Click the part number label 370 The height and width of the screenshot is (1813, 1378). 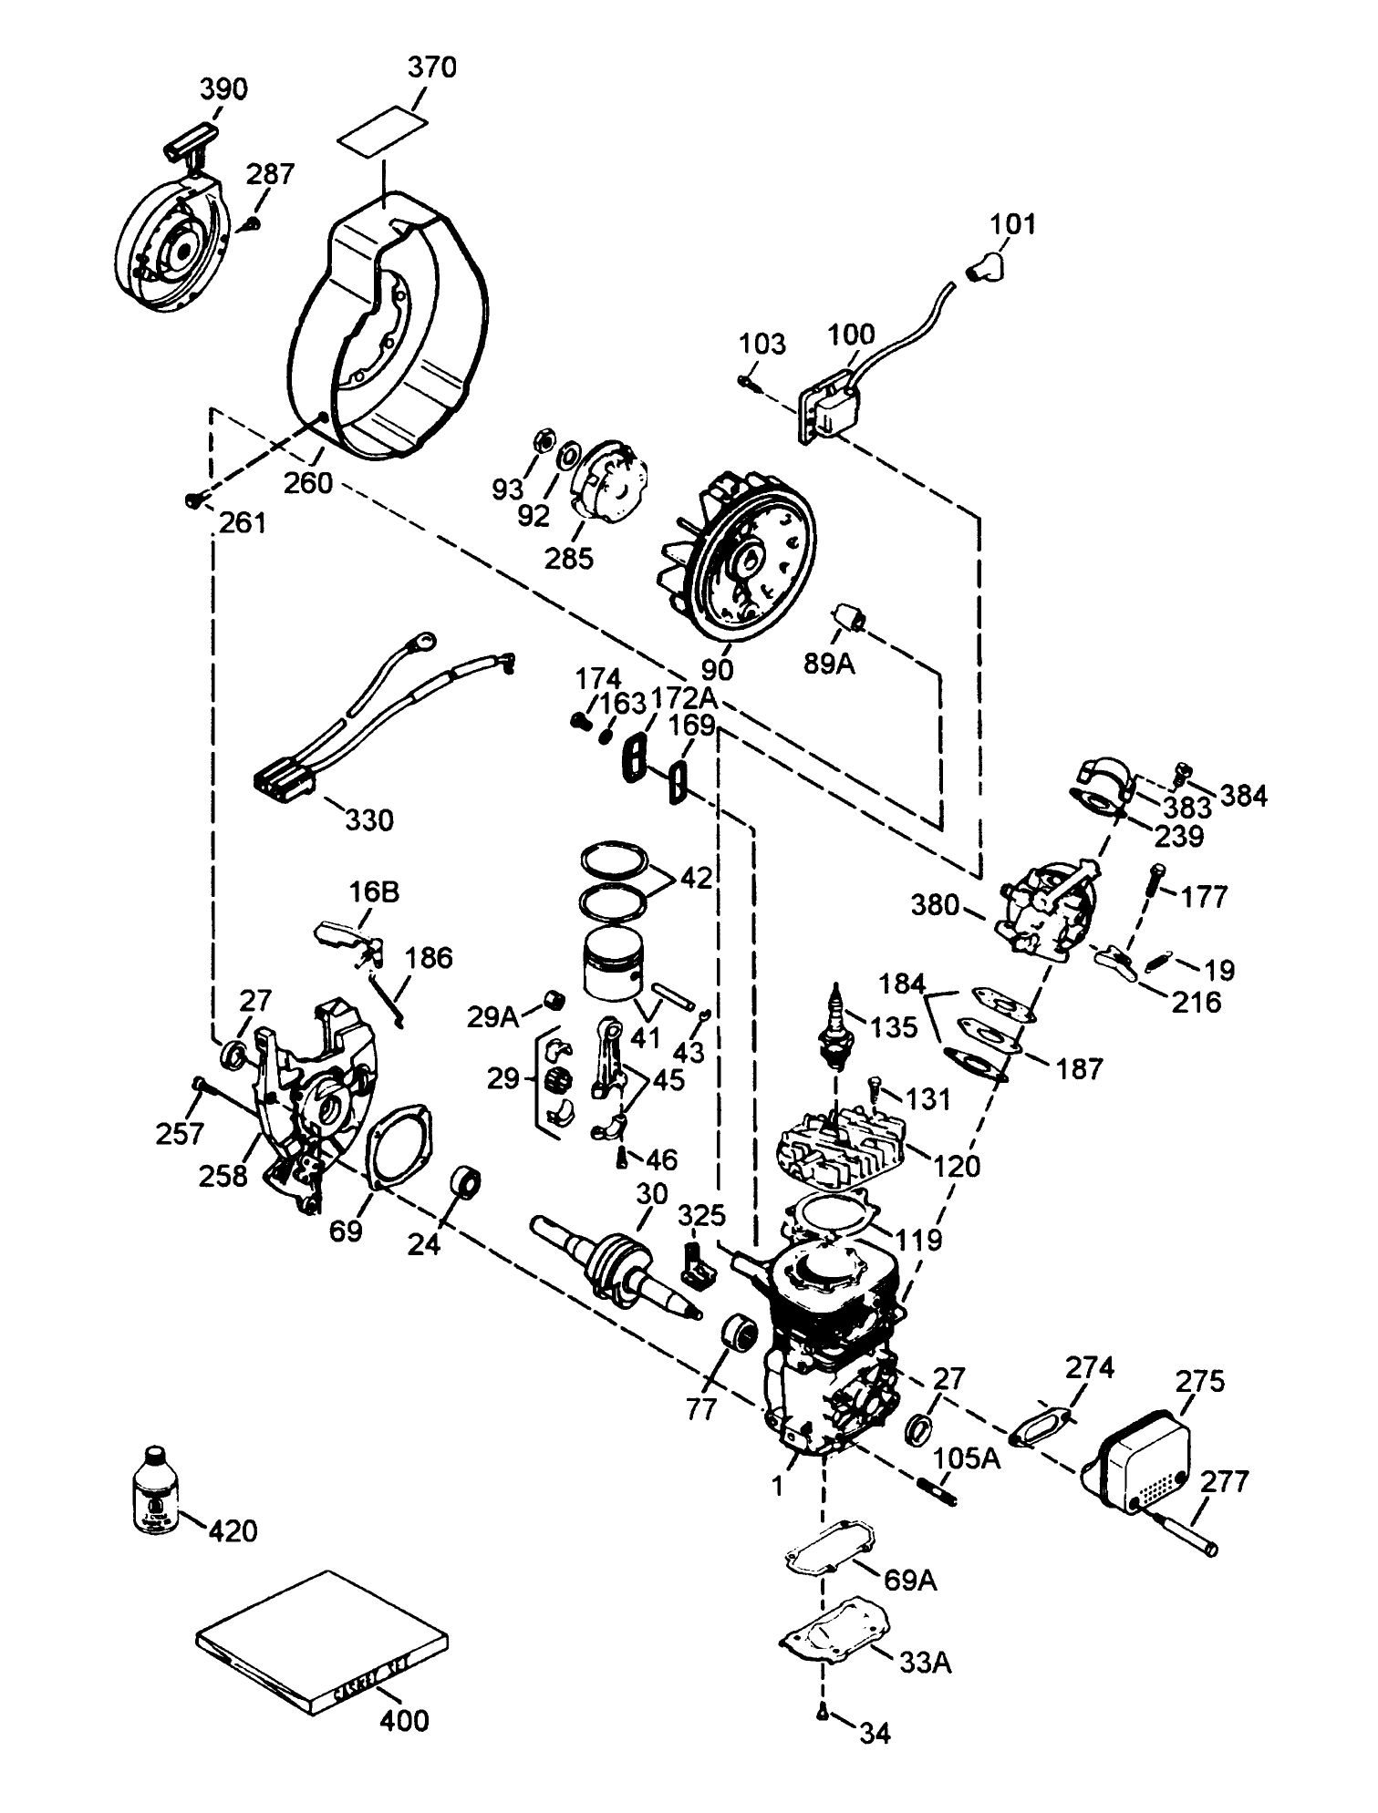tap(431, 67)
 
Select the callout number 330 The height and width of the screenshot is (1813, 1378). tap(369, 819)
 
